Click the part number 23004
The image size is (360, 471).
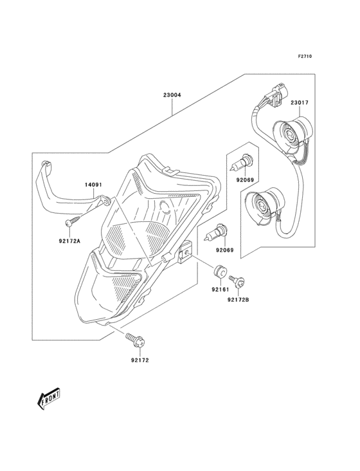pyautogui.click(x=172, y=95)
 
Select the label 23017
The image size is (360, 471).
pyautogui.click(x=299, y=102)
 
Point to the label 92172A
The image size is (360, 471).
pyautogui.click(x=70, y=241)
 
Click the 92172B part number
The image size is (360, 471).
pyautogui.click(x=239, y=299)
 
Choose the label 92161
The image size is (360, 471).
pyautogui.click(x=221, y=290)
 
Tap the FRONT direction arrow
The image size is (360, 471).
pyautogui.click(x=48, y=399)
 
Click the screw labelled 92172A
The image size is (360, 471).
pyautogui.click(x=73, y=220)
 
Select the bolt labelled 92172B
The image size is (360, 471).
pyautogui.click(x=237, y=280)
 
